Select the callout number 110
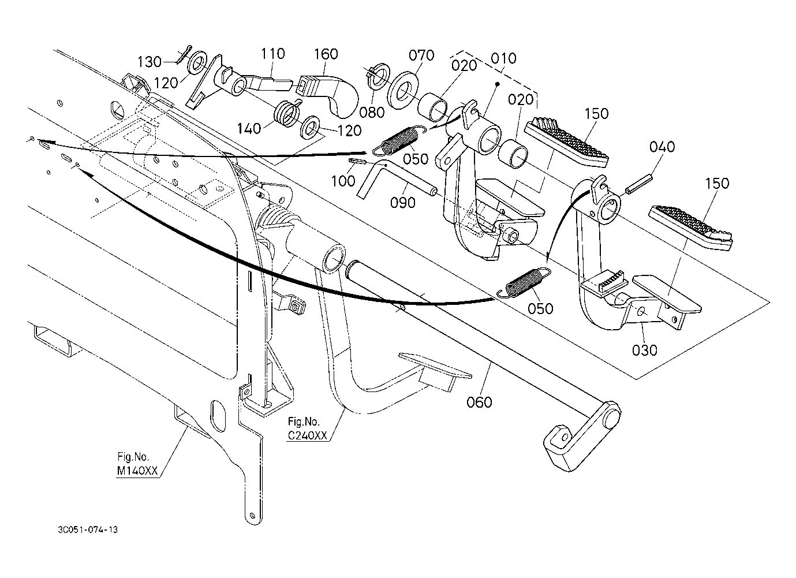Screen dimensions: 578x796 click(x=272, y=54)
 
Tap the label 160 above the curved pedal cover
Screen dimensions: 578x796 click(x=326, y=54)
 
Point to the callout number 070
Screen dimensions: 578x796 click(x=421, y=55)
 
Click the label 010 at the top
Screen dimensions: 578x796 click(x=503, y=58)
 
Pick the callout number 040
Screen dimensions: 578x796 click(x=662, y=147)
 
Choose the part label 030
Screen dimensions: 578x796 click(x=645, y=350)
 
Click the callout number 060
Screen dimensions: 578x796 click(x=479, y=401)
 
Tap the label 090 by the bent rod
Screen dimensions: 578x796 click(x=402, y=202)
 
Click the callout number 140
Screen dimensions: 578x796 click(x=249, y=129)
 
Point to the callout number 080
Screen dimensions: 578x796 click(x=372, y=113)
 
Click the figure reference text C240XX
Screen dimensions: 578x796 click(x=308, y=437)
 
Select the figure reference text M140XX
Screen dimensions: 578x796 click(x=137, y=471)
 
